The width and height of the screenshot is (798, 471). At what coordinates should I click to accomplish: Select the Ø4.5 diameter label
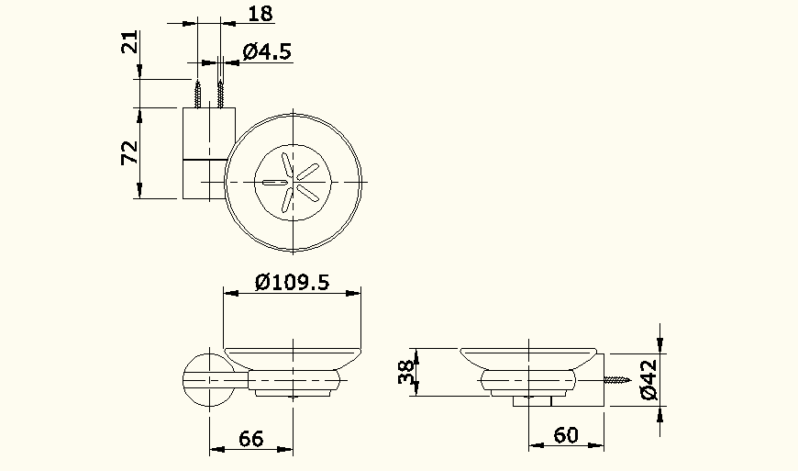[x=267, y=51]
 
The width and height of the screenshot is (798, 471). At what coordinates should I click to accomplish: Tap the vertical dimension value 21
[x=130, y=43]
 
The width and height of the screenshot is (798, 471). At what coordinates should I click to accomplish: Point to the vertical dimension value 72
[x=130, y=152]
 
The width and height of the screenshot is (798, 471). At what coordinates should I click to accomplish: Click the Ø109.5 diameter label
[x=292, y=282]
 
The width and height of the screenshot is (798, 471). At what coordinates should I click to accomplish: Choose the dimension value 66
[x=251, y=439]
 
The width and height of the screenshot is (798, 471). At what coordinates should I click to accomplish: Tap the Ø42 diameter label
[x=648, y=379]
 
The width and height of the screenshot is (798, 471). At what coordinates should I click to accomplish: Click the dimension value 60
[x=566, y=435]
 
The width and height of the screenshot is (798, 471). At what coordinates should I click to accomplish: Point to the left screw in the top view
[x=197, y=94]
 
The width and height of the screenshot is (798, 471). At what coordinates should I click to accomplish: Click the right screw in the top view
[x=221, y=94]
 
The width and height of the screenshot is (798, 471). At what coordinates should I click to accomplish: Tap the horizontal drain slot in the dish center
[x=275, y=183]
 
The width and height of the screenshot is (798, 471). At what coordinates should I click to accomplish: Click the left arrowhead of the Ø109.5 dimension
[x=231, y=293]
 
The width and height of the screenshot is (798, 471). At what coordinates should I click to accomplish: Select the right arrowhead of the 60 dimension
[x=597, y=446]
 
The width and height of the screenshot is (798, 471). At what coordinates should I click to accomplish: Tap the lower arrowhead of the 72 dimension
[x=139, y=191]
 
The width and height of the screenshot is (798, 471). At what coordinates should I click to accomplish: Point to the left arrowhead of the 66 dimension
[x=216, y=449]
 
